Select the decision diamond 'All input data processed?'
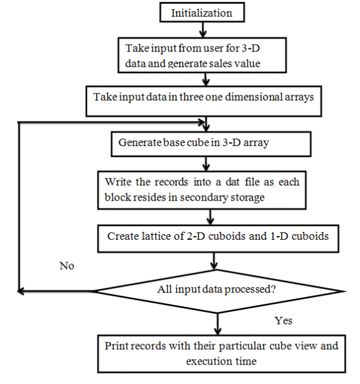tap(217, 290)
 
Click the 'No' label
tap(66, 265)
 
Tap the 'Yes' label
tap(283, 321)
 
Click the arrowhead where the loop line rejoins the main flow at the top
tap(199, 122)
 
